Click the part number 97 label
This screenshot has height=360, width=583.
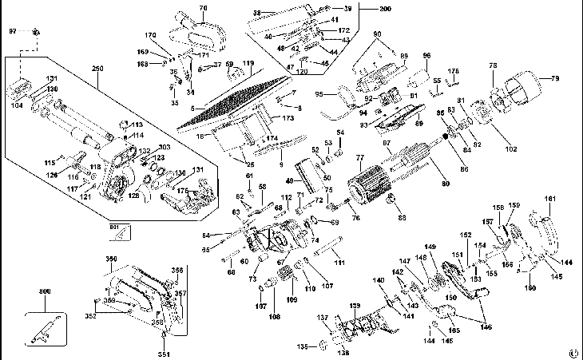[13, 30]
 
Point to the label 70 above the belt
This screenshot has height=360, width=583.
[202, 8]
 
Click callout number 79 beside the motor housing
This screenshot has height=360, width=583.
[554, 78]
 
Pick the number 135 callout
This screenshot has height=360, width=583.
[303, 347]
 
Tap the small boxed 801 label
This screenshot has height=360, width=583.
[113, 227]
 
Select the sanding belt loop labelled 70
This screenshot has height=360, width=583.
[204, 33]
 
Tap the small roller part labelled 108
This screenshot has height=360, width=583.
[280, 283]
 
